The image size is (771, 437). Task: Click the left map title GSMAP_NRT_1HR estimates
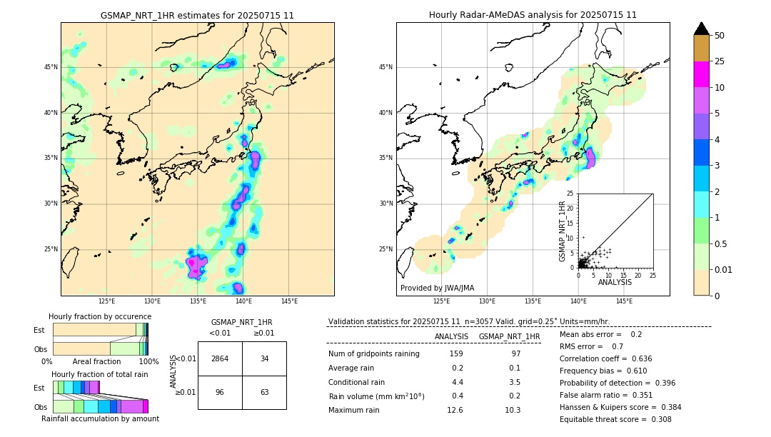point(197,15)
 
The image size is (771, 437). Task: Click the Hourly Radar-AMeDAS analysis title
point(533,15)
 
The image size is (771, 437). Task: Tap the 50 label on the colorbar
point(720,36)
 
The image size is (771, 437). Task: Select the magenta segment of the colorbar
point(702,74)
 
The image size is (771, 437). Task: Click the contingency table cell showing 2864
point(220,358)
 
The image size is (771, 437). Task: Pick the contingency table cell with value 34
point(264,358)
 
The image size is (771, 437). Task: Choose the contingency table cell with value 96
point(220,392)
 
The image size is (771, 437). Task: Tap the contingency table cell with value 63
point(264,392)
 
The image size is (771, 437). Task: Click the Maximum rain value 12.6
point(455,410)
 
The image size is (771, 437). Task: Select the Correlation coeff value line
point(605,358)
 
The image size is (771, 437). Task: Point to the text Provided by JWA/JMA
point(437,288)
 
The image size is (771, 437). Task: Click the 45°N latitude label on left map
point(51,67)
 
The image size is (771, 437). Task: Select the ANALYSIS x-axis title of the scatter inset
point(615,282)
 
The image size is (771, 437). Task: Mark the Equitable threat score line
point(615,419)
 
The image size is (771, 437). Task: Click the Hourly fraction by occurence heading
point(100,316)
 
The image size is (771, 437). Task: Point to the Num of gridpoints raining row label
point(373,353)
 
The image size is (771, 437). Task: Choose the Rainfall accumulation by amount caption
point(100,418)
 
